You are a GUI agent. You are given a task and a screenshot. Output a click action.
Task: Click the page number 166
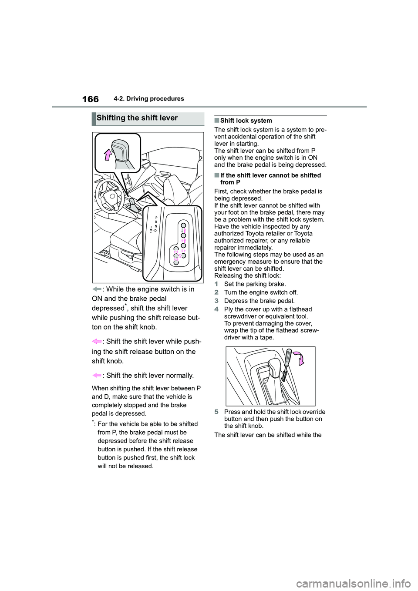[x=90, y=99]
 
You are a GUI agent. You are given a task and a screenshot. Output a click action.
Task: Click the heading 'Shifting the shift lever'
[x=137, y=118]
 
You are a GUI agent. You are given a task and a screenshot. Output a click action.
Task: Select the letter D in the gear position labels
[x=155, y=230]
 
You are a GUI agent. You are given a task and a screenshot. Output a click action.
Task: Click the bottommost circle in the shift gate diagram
[x=176, y=262]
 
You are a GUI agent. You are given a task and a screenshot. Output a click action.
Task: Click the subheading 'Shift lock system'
[x=246, y=121]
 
